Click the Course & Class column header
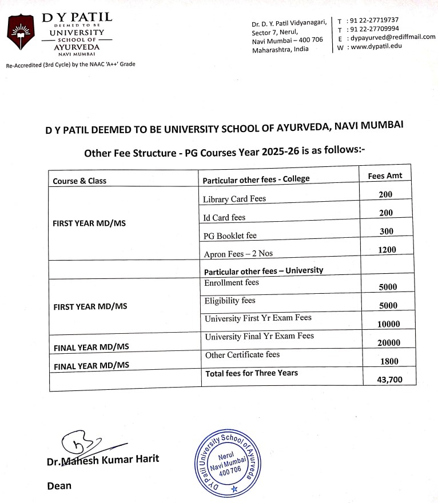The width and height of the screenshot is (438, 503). coord(79,181)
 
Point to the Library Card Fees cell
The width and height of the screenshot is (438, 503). coord(234,199)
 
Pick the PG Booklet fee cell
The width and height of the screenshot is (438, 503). coord(230,235)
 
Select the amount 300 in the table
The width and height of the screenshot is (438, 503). coord(385,231)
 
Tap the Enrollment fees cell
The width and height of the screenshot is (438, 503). coord(232,282)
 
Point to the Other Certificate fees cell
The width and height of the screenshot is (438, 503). coord(242,354)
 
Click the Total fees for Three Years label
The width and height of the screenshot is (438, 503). coord(251,373)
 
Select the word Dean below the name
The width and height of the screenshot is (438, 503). coord(59,486)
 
